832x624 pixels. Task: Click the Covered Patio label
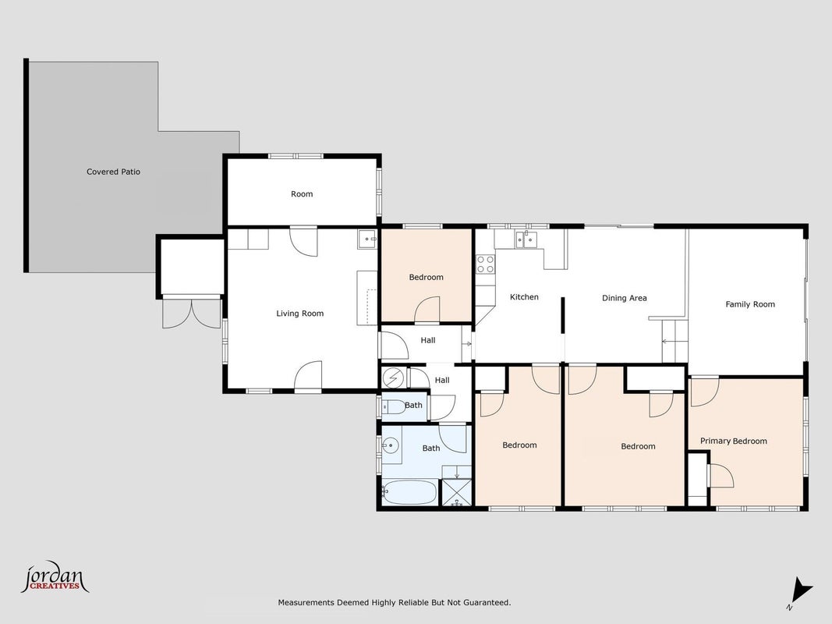tap(113, 172)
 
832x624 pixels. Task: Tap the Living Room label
tap(299, 314)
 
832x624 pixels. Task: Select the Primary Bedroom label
tap(733, 441)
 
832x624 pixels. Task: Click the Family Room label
tap(750, 304)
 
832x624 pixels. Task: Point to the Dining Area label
tap(624, 298)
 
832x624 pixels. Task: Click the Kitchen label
tap(524, 297)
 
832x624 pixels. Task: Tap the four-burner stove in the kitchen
tap(485, 264)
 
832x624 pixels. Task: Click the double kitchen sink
tap(526, 239)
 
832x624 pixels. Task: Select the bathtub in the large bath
tap(409, 492)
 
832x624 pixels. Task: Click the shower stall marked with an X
tap(456, 492)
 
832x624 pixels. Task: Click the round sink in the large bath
tap(391, 445)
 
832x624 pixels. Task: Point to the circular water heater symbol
tap(393, 378)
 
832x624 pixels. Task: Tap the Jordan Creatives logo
tap(55, 577)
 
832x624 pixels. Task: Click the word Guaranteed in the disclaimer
tap(487, 603)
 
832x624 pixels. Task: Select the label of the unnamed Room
tap(302, 194)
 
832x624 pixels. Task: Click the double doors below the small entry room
tap(191, 313)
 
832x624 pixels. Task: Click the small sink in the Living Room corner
tap(366, 239)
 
